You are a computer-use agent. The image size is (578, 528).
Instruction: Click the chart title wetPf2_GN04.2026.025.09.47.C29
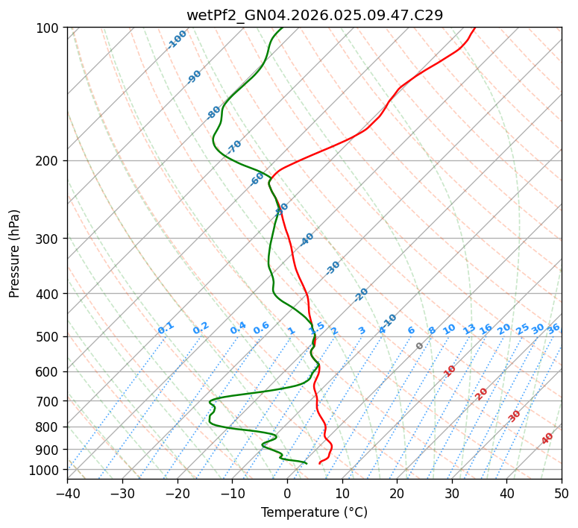[x=314, y=15]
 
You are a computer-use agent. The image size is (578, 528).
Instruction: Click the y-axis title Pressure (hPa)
[x=15, y=254]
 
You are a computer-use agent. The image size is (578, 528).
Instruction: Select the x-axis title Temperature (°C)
[x=314, y=512]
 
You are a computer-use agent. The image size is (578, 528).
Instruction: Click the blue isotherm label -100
[x=177, y=40]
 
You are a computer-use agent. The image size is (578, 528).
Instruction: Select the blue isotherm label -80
[x=214, y=113]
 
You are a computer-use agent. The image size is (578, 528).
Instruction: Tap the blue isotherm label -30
[x=333, y=268]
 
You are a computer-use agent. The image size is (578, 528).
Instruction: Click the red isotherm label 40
[x=547, y=439]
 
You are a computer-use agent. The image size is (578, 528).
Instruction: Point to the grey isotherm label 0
[x=420, y=346]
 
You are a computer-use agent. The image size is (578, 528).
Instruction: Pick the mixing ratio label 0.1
[x=166, y=328]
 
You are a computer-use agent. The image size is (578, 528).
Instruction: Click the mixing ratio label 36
[x=553, y=328]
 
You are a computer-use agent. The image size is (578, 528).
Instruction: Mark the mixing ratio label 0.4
[x=238, y=328]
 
